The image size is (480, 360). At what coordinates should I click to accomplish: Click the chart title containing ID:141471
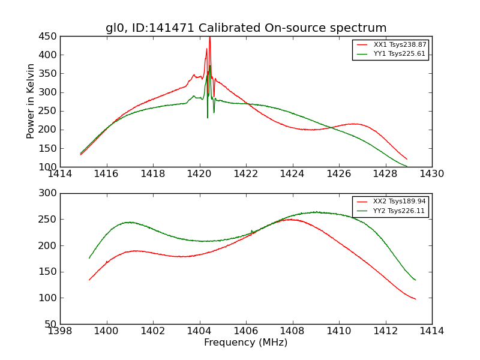246,28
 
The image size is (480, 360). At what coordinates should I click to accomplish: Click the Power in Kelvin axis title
31,101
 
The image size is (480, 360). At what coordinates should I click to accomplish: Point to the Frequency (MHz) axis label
246,343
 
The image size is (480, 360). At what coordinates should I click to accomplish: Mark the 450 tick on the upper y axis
49,36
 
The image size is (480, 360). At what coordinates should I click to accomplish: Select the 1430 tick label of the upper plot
432,174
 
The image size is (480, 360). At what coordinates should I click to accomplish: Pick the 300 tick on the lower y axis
49,193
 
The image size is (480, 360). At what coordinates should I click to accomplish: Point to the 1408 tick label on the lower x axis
292,331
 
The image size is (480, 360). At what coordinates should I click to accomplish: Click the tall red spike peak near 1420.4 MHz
209,37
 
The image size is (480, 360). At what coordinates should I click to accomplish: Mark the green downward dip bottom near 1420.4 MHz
208,117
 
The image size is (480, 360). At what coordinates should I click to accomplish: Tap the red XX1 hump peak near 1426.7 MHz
355,124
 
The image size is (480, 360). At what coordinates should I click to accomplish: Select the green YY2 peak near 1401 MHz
130,222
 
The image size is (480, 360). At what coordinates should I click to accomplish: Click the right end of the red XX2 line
415,299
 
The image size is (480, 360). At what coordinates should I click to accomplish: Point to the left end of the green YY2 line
89,258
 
